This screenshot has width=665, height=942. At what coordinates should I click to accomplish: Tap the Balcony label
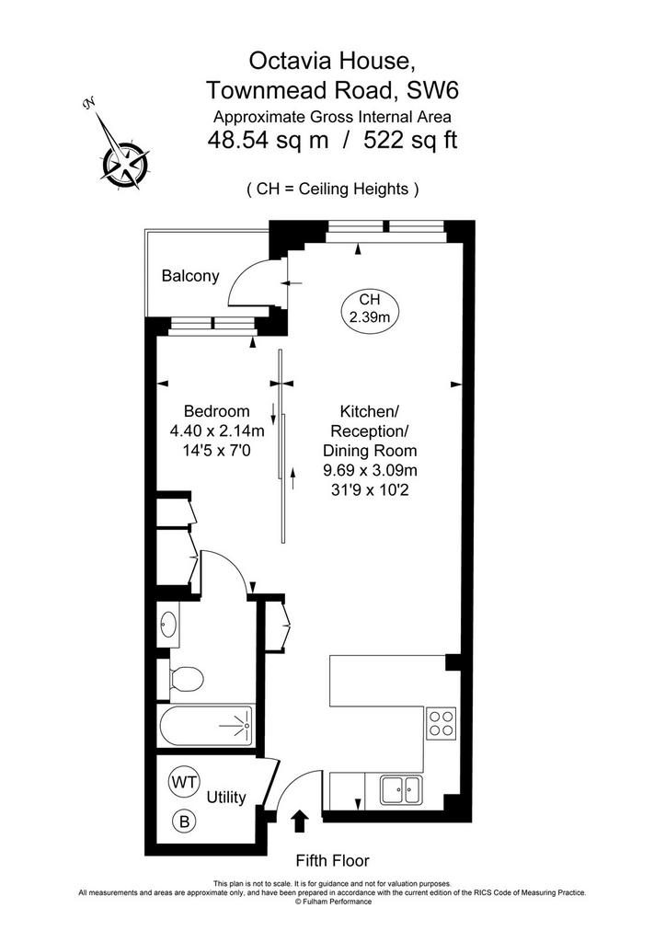[190, 276]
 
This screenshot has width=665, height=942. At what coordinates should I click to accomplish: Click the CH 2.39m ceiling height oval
[370, 309]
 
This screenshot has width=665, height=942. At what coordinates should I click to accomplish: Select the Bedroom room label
[217, 411]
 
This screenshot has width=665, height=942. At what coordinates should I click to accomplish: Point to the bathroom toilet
[186, 679]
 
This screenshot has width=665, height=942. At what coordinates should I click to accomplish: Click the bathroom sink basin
[168, 625]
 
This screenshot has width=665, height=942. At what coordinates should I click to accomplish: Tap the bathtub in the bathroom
[205, 727]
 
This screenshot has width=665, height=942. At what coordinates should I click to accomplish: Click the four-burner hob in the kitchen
[441, 723]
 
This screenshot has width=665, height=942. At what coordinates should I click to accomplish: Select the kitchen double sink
[401, 789]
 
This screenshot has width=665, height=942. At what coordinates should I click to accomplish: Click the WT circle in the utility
[184, 782]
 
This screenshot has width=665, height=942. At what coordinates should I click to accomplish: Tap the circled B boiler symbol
[184, 821]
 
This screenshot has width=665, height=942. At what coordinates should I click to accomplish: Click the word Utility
[226, 798]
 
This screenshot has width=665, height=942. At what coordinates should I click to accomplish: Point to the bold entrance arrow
[300, 821]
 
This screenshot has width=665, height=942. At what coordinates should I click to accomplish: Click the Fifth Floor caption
[332, 861]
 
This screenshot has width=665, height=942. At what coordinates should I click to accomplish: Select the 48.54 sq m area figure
[268, 141]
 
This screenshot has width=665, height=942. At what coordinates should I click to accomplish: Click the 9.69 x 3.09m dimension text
[370, 470]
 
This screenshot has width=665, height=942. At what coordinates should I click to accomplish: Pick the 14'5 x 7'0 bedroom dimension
[216, 450]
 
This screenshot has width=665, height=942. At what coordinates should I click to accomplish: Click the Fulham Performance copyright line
[332, 902]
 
